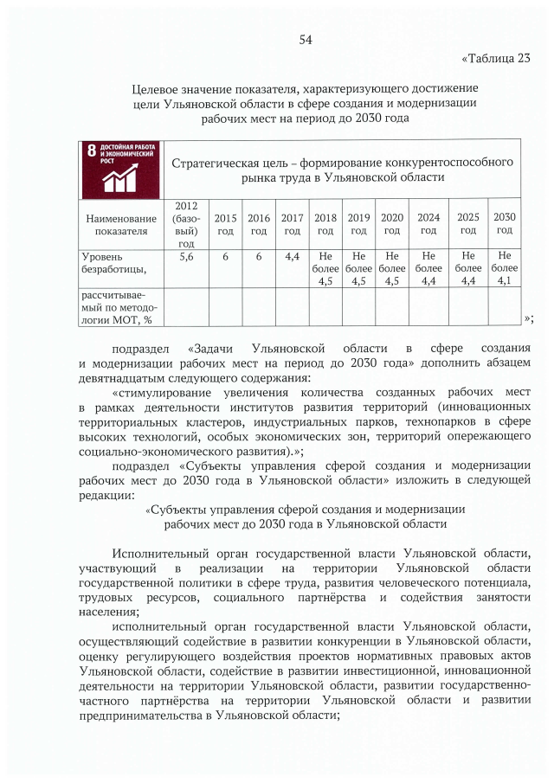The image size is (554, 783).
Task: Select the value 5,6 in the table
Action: [185, 257]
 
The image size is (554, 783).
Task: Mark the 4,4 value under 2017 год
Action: [292, 257]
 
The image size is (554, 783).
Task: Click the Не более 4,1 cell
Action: [505, 268]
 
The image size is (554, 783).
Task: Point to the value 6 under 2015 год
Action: [225, 257]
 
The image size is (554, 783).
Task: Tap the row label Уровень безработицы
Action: [113, 263]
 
